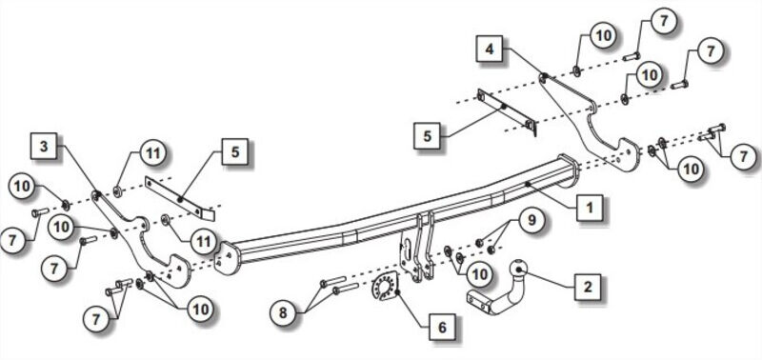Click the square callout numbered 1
click(x=589, y=209)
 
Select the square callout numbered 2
click(x=588, y=287)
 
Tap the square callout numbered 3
click(x=44, y=146)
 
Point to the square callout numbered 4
click(x=490, y=49)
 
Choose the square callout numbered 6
click(x=442, y=328)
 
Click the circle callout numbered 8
click(x=284, y=313)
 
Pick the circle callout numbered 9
click(x=531, y=221)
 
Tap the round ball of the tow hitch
click(x=518, y=270)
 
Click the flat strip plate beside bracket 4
click(x=507, y=111)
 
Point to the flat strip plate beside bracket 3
click(x=179, y=198)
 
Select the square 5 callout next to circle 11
click(x=235, y=152)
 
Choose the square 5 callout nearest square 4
click(x=427, y=135)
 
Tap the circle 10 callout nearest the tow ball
click(x=479, y=273)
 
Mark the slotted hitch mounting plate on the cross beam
click(x=416, y=248)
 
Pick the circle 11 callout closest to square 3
click(x=152, y=152)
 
